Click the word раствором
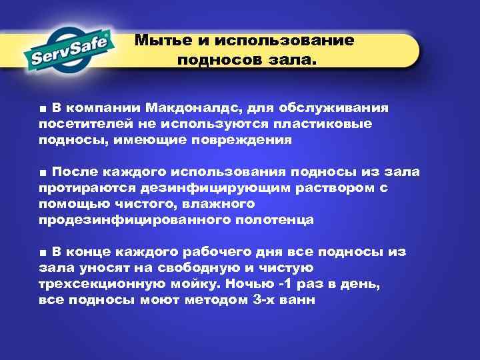328,188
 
